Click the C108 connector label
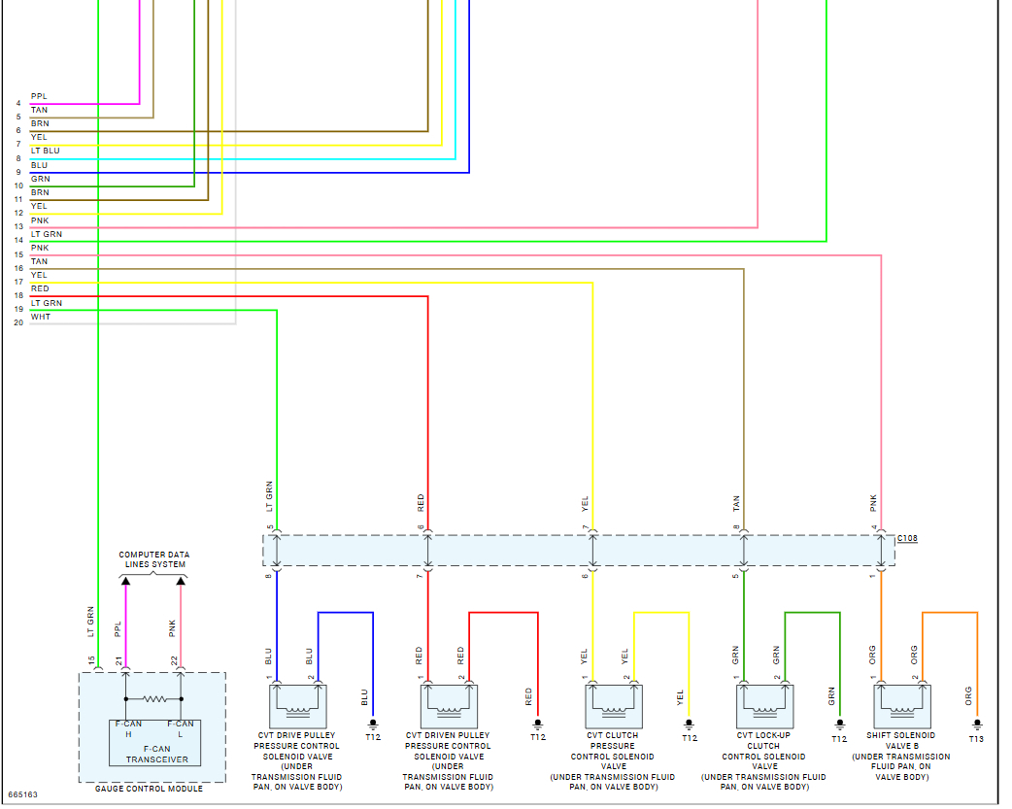click(907, 537)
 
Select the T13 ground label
click(976, 738)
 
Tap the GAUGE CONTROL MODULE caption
click(150, 789)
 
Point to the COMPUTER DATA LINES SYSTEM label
click(153, 559)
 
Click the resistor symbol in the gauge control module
click(153, 698)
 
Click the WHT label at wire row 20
click(40, 317)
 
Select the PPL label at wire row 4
click(39, 96)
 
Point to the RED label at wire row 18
click(40, 289)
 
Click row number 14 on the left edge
click(18, 241)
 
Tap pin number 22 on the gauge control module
click(175, 661)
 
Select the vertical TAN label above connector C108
click(736, 503)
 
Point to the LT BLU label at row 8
click(45, 152)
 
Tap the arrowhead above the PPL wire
click(125, 580)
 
